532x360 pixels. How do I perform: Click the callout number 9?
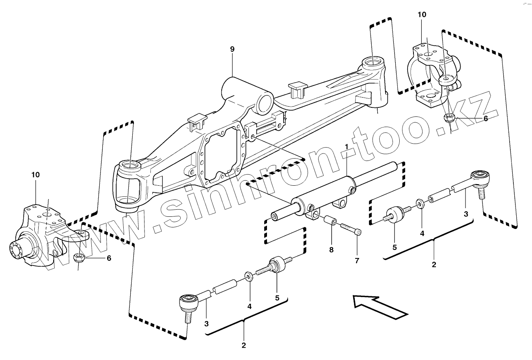(x=232, y=49)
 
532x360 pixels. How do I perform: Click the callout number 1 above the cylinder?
(x=347, y=148)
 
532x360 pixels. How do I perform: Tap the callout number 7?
(x=357, y=260)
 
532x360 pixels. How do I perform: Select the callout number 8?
(x=331, y=249)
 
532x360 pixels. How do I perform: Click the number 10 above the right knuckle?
(x=422, y=15)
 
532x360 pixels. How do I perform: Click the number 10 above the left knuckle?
(x=35, y=174)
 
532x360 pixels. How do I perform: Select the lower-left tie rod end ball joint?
(x=188, y=302)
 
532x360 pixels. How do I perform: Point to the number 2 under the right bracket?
(x=434, y=264)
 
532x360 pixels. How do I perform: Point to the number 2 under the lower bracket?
(x=243, y=345)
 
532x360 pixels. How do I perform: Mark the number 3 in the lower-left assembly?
(x=206, y=323)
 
